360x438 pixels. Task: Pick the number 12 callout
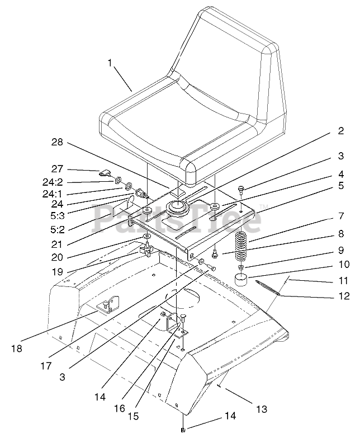pyautogui.click(x=343, y=296)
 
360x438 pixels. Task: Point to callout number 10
pyautogui.click(x=340, y=263)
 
